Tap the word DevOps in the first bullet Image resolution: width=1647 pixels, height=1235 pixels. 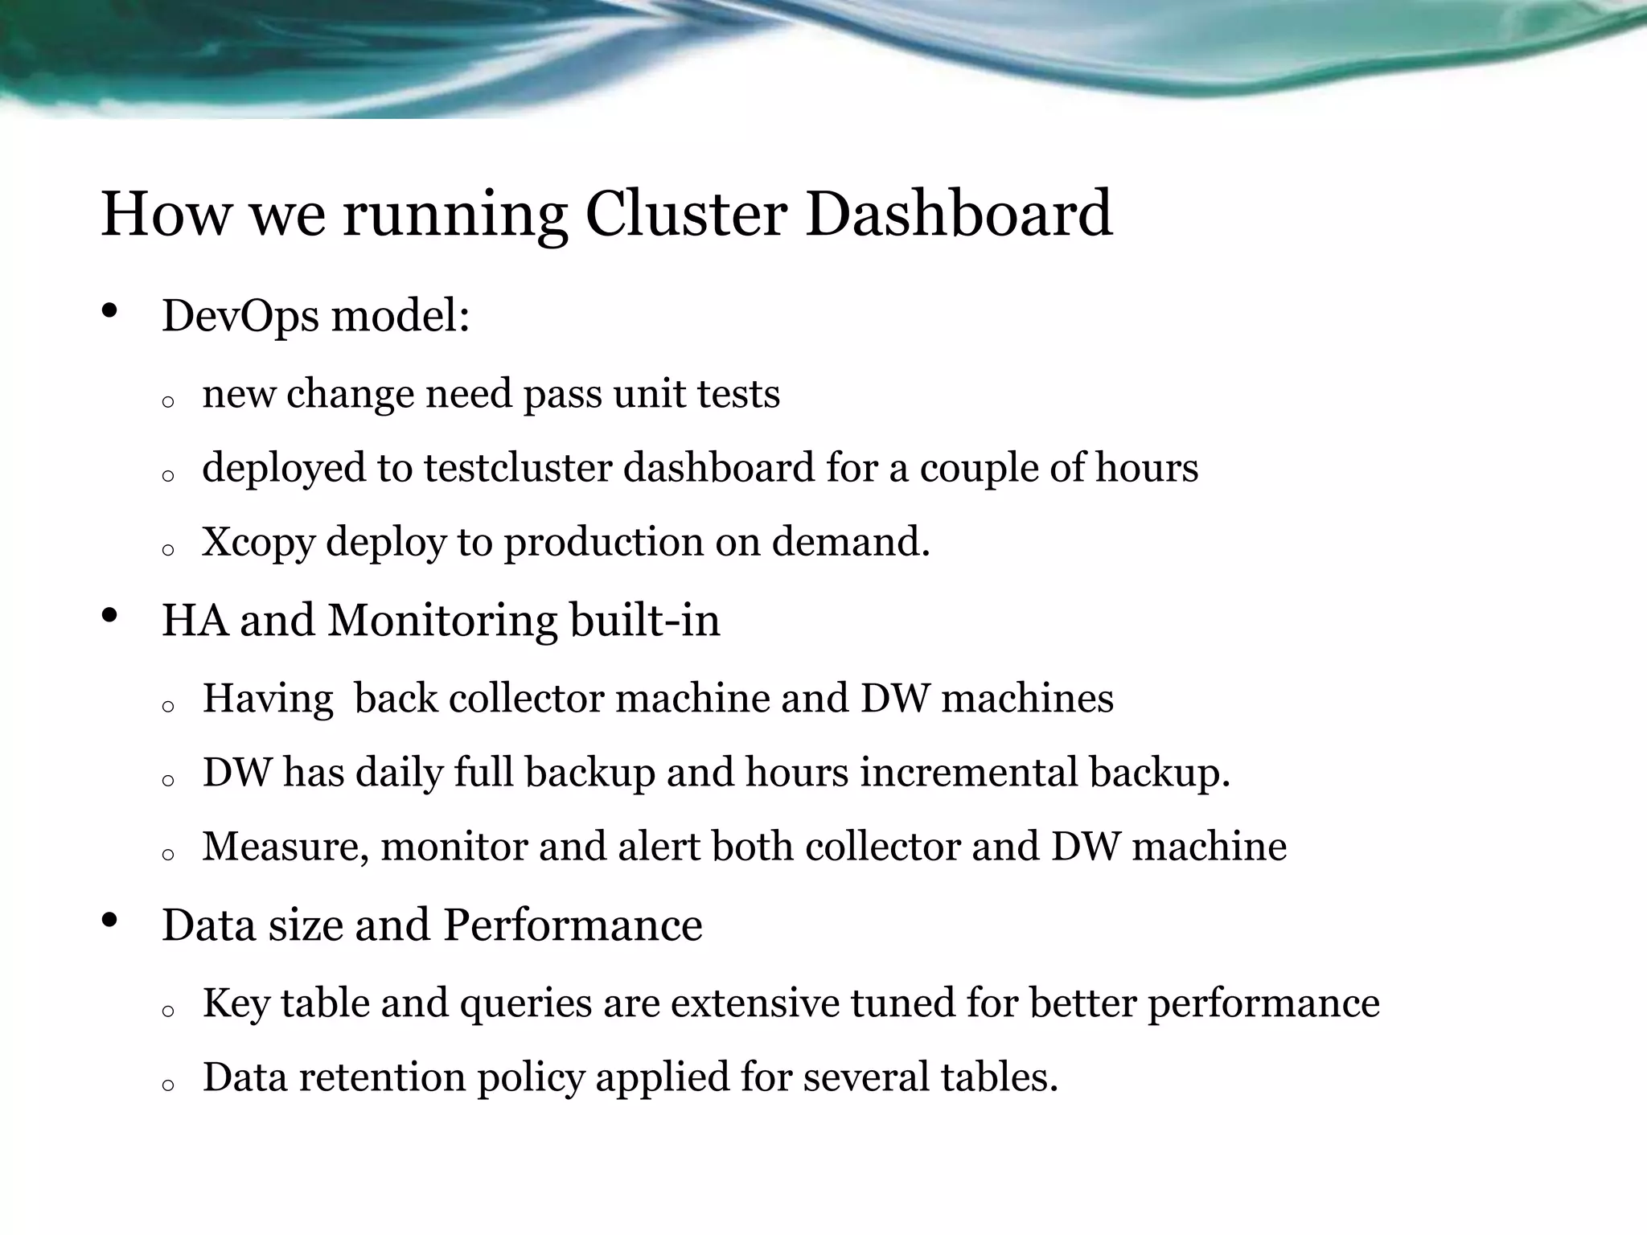[240, 315]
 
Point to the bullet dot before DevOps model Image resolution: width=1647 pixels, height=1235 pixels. [111, 310]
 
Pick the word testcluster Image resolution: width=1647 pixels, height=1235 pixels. [518, 468]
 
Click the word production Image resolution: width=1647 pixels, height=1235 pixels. [603, 543]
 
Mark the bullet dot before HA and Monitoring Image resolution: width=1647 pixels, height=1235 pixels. [111, 616]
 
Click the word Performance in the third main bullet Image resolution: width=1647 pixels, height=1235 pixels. [573, 925]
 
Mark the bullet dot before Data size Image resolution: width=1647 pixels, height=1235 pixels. [111, 920]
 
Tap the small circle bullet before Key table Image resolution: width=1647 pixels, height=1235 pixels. [168, 1011]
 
